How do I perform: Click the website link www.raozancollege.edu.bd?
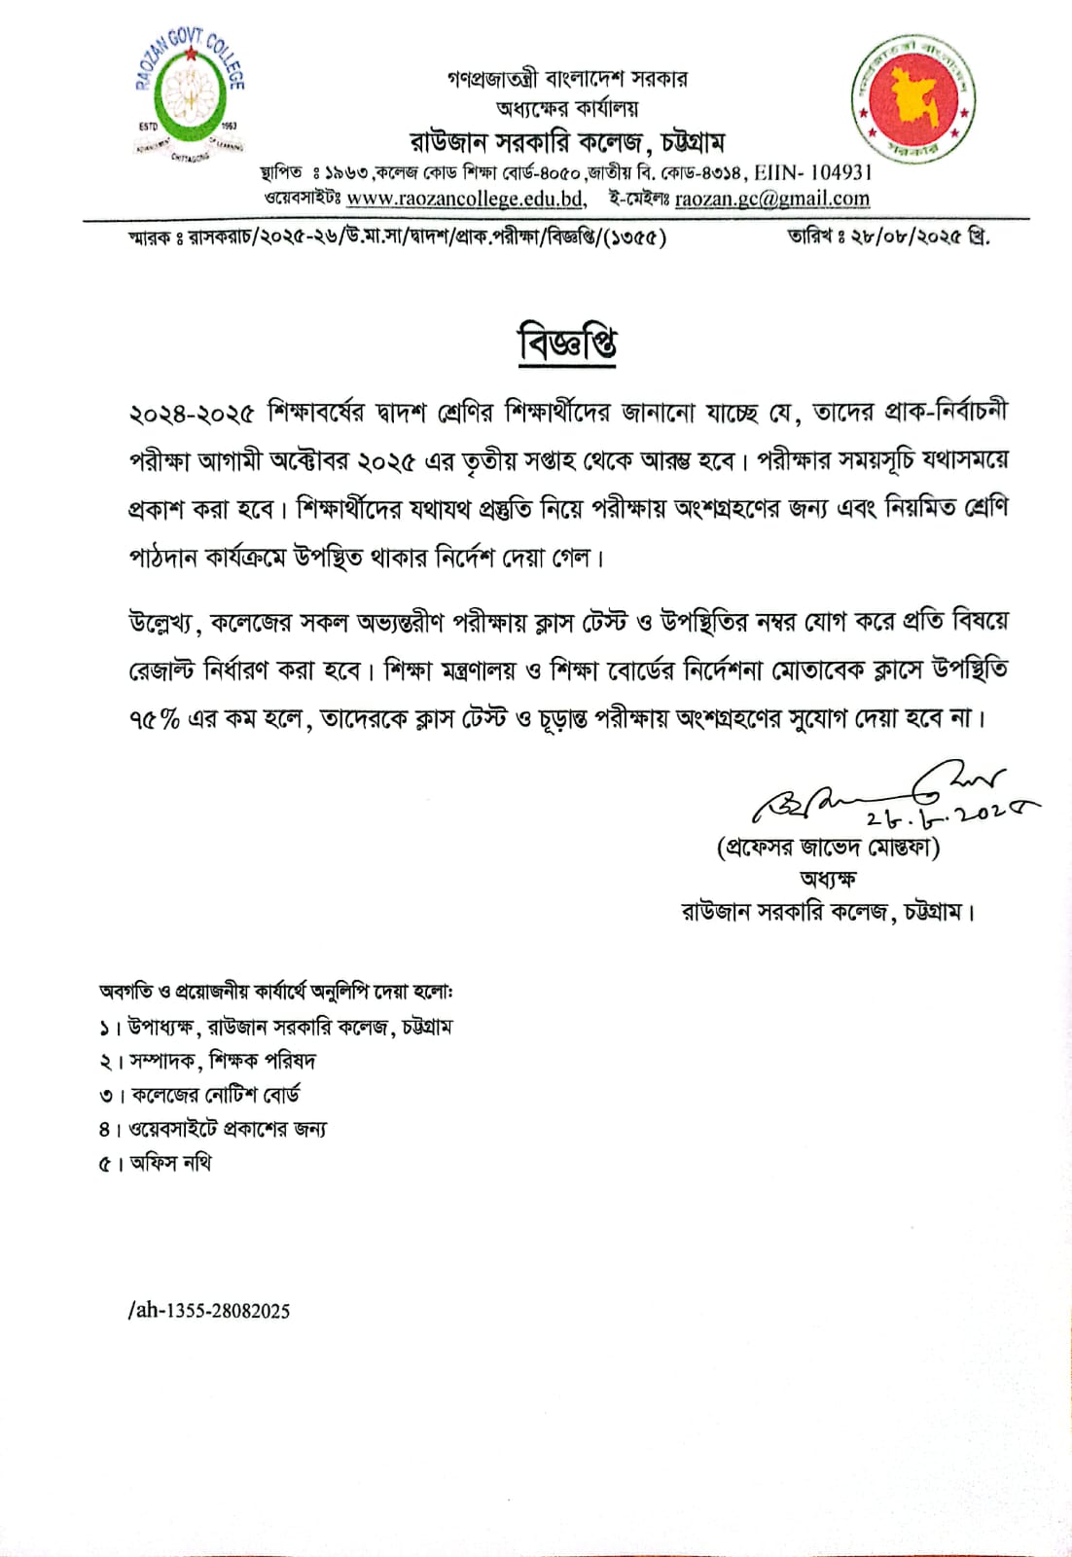[x=465, y=199]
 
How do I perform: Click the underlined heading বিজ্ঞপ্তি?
[x=567, y=344]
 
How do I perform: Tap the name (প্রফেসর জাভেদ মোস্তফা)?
[x=828, y=847]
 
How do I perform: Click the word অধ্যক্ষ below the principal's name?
[x=828, y=879]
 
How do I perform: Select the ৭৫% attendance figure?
[x=154, y=719]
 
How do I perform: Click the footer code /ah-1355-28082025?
[x=209, y=1311]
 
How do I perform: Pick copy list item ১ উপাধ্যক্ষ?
[x=275, y=1027]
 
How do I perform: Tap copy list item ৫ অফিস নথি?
[x=156, y=1163]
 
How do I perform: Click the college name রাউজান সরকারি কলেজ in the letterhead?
[x=525, y=142]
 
